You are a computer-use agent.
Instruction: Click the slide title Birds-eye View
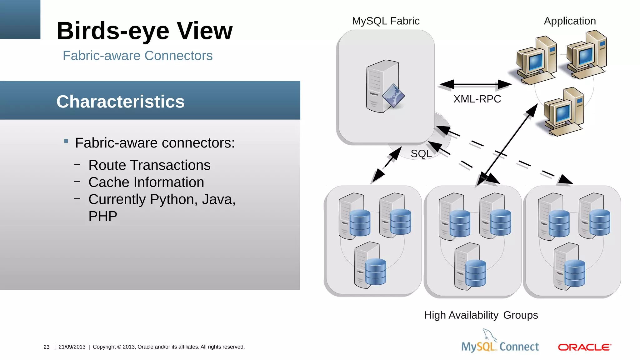point(144,31)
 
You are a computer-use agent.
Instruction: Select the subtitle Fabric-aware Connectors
point(137,56)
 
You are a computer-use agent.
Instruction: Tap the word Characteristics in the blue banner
point(120,102)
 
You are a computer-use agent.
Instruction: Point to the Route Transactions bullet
point(149,165)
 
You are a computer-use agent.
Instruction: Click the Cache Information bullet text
point(146,182)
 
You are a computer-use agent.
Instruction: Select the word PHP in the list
point(103,216)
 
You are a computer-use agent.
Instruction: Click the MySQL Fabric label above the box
point(386,21)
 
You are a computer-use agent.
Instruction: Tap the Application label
point(570,21)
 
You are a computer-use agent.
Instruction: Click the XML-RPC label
point(477,99)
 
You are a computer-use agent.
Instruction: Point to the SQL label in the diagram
point(421,153)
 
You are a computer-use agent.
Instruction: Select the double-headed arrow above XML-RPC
point(475,84)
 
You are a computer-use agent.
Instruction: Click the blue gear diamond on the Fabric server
point(393,96)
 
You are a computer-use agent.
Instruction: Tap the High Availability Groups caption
point(481,315)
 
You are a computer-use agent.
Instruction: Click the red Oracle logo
point(584,347)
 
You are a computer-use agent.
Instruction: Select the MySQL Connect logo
point(500,342)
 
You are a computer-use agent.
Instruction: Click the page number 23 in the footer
point(47,347)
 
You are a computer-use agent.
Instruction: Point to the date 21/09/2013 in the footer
point(72,347)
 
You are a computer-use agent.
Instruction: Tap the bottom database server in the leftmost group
point(371,266)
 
